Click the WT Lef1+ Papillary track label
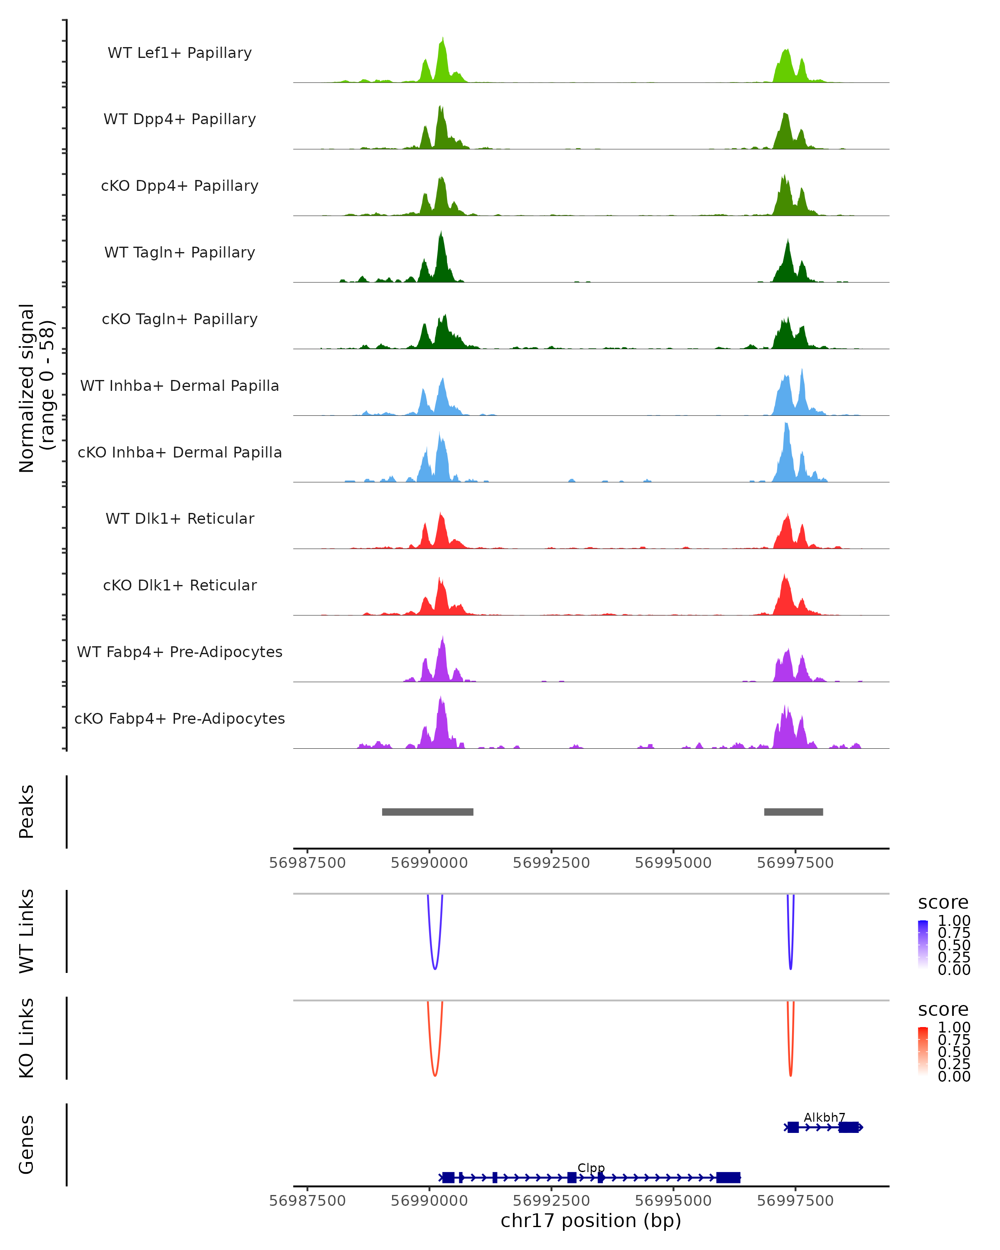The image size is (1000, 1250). click(180, 53)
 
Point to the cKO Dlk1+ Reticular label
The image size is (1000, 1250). click(180, 585)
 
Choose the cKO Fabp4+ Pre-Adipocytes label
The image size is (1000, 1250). click(180, 718)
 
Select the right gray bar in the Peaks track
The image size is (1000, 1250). click(793, 812)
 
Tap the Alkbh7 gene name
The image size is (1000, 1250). click(824, 1117)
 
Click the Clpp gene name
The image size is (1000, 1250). click(591, 1167)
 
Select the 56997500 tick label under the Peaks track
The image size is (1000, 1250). click(795, 863)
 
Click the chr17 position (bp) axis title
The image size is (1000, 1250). click(591, 1220)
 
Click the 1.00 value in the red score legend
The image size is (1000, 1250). click(954, 1027)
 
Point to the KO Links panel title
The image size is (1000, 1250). click(27, 1038)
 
